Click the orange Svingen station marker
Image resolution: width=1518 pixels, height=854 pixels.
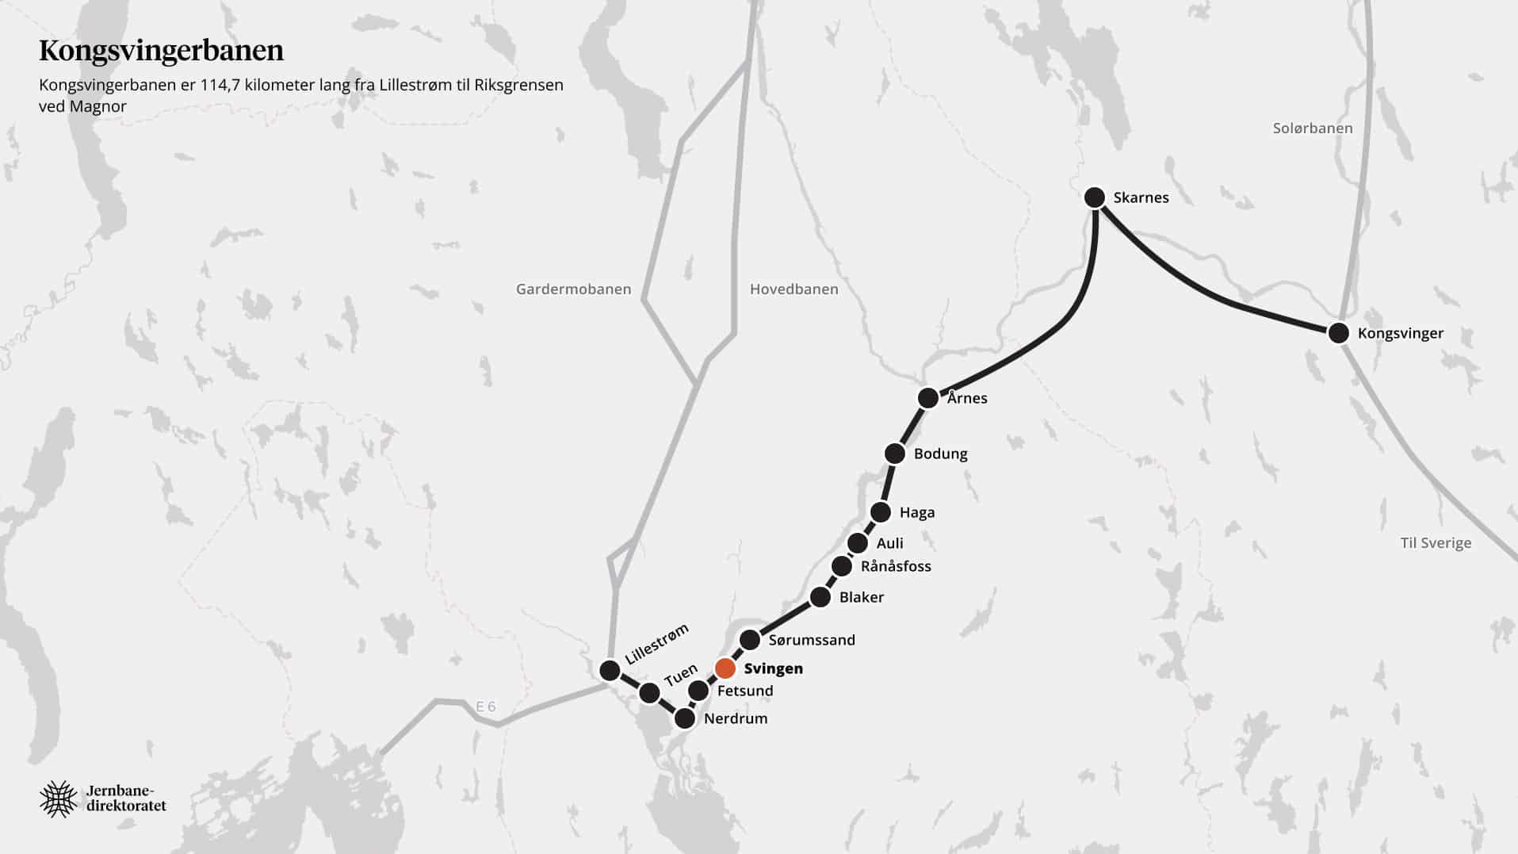[x=725, y=668]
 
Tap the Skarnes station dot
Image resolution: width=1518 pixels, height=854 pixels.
[x=1095, y=197]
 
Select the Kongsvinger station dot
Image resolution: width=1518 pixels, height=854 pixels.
[x=1339, y=333]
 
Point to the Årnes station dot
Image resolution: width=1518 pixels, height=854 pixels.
[x=928, y=397]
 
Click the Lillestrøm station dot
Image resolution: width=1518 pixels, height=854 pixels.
[x=610, y=671]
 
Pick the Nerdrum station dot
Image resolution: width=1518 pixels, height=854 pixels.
[x=684, y=719]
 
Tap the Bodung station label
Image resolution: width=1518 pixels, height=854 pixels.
[x=940, y=454]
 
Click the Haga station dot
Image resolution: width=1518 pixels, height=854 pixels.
[x=881, y=512]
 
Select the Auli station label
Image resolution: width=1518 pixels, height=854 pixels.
[x=889, y=543]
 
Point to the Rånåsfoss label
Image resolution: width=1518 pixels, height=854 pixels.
[x=896, y=566]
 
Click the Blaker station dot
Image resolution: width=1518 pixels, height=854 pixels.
[x=820, y=597]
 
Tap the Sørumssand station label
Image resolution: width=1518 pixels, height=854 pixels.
[x=812, y=640]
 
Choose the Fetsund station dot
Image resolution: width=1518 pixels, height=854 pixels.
[x=698, y=691]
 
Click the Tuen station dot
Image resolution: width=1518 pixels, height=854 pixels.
[x=649, y=693]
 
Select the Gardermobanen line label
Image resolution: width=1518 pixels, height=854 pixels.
[x=573, y=289]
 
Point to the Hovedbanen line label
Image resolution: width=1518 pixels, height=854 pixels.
[x=793, y=289]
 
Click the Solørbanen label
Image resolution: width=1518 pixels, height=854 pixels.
[x=1313, y=128]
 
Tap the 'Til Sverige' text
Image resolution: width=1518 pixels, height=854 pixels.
[x=1436, y=543]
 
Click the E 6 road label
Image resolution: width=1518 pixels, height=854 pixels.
[x=486, y=707]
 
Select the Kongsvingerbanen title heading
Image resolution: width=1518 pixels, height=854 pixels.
[x=162, y=51]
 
